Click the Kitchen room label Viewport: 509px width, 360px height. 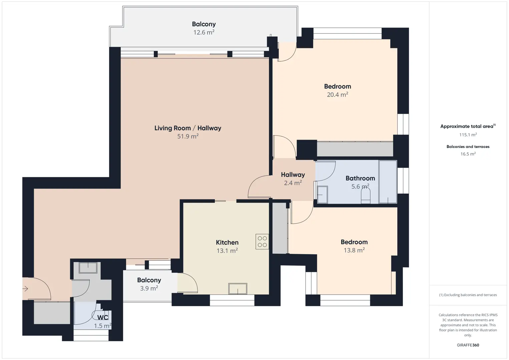(227, 242)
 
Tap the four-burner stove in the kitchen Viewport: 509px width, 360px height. (262, 242)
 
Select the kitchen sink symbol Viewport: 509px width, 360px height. (238, 288)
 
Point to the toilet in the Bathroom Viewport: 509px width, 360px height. (366, 196)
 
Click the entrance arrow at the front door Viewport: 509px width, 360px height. (25, 289)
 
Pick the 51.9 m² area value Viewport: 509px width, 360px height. (188, 136)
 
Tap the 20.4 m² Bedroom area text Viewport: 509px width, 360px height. (338, 94)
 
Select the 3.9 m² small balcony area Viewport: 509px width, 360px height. (149, 288)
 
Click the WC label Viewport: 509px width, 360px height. (103, 317)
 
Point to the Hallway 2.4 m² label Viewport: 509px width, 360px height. (293, 179)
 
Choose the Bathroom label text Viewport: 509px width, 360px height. (360, 178)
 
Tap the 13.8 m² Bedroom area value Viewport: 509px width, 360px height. (354, 250)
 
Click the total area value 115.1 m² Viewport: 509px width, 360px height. (468, 135)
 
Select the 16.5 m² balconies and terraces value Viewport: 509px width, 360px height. (468, 154)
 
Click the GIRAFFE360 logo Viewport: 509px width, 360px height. (468, 345)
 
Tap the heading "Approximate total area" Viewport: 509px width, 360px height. (467, 127)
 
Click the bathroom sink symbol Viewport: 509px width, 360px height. (322, 195)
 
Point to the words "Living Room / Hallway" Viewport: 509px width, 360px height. (188, 128)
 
